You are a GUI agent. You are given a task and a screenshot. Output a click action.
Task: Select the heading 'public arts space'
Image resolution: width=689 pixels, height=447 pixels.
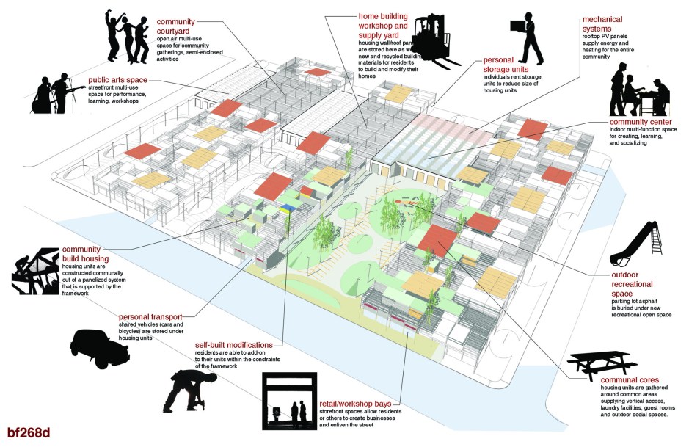click(117, 80)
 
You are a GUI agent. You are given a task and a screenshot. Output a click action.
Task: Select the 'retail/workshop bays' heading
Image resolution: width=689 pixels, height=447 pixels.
click(360, 403)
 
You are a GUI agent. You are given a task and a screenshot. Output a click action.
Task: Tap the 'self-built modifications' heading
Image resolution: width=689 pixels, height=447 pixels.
click(233, 344)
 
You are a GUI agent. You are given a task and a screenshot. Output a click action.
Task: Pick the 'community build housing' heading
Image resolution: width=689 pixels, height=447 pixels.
click(85, 254)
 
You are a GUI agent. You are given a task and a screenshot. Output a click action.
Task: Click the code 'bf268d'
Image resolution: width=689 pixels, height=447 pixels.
click(29, 432)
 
